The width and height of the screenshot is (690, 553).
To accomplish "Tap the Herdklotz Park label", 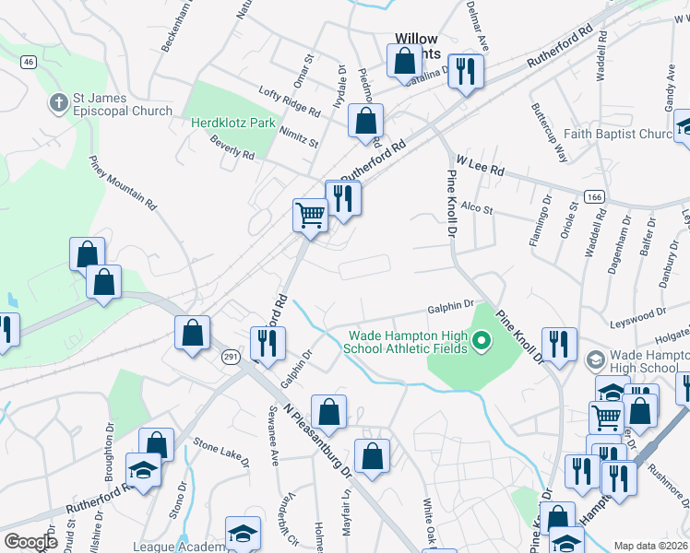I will [x=233, y=123].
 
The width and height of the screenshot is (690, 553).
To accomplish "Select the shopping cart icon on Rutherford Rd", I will [x=310, y=217].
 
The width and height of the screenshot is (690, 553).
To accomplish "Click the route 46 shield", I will [x=29, y=62].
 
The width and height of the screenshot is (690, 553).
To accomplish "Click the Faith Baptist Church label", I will [x=619, y=135].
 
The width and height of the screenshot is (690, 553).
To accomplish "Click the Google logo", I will [x=30, y=542].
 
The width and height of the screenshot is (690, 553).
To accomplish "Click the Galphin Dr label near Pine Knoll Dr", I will [x=449, y=306].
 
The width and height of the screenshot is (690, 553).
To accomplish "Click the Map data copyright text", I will [x=649, y=546].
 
